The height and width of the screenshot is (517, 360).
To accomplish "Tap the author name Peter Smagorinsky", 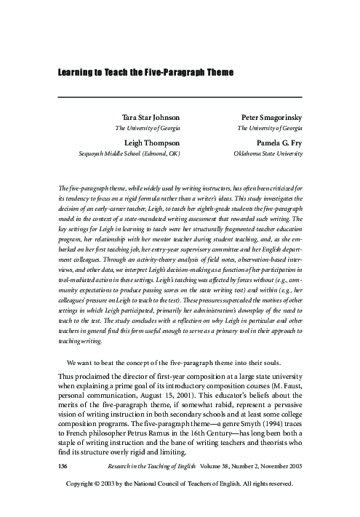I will point(268,116).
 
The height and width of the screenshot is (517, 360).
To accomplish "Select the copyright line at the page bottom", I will point(179,502).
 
